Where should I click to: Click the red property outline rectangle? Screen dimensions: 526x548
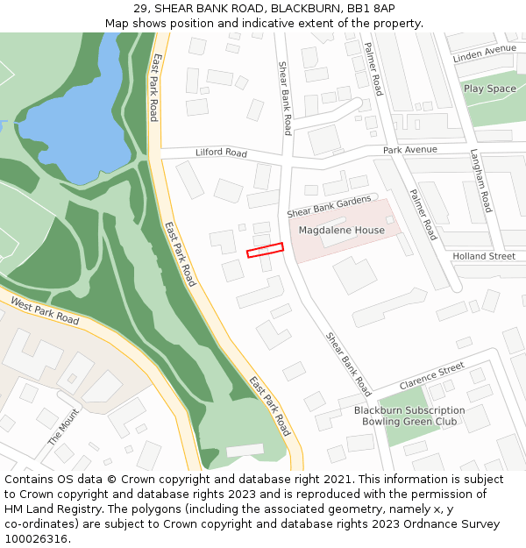pos(266,250)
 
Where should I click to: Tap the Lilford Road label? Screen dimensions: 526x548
pos(221,153)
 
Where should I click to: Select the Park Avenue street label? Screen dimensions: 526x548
pos(409,150)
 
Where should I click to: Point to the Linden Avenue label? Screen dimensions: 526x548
pos(484,54)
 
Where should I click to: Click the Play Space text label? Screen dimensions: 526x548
pos(490,89)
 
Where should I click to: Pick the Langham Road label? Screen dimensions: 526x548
pos(481,180)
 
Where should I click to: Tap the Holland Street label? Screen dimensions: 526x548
pos(484,256)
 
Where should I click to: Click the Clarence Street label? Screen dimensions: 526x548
pos(431,376)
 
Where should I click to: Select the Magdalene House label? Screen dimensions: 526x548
pos(342,231)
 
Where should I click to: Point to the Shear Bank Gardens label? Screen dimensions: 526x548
pos(329,207)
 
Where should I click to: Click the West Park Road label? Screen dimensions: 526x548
pos(45,310)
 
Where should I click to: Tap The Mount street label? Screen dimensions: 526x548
pos(63,426)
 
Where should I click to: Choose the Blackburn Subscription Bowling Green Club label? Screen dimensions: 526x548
pos(409,416)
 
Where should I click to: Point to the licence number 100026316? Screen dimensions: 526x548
pos(36,539)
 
